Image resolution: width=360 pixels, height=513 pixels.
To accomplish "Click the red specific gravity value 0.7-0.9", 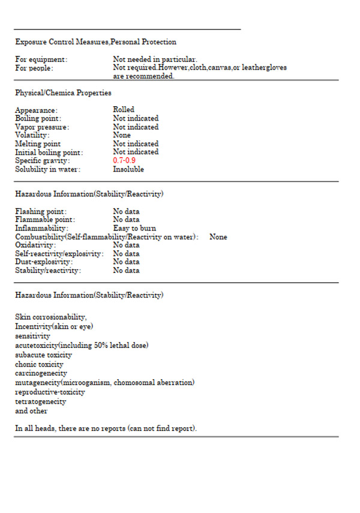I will [124, 161].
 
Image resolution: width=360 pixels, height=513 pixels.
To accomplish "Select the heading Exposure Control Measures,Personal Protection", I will [95, 42].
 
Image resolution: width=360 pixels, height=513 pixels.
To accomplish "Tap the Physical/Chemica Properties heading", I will [63, 93].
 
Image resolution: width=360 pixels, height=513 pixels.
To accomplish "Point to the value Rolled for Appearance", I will [124, 110].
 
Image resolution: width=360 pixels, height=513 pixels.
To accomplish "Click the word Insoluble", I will [128, 169].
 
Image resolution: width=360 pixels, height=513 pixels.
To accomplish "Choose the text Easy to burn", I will [134, 229].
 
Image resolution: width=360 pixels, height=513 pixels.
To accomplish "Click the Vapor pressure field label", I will [42, 127].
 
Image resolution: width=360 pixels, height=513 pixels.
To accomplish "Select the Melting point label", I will [38, 144].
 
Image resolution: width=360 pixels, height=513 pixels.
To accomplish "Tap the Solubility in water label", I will [47, 169].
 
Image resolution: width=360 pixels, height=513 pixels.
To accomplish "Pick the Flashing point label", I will [41, 212].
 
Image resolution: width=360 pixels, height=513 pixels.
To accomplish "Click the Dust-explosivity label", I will [44, 262].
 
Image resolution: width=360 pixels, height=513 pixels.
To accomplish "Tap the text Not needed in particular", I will [155, 59].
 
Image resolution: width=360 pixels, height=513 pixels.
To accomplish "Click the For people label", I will [34, 68].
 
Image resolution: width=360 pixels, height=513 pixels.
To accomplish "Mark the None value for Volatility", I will [122, 136].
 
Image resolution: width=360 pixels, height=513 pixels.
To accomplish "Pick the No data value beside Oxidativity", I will [126, 245].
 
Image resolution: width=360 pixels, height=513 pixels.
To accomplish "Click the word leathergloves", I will [263, 68].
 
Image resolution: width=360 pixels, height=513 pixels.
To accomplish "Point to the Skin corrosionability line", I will [51, 317].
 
